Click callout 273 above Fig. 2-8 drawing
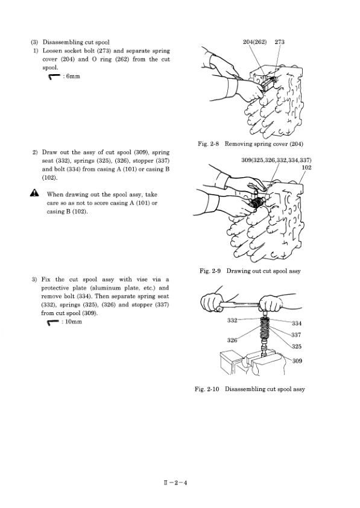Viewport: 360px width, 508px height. (x=279, y=42)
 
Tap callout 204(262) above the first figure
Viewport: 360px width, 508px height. (x=254, y=42)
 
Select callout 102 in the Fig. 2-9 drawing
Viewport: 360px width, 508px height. (x=306, y=168)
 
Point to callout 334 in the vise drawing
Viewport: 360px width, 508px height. (x=297, y=324)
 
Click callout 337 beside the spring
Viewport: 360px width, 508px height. (x=296, y=335)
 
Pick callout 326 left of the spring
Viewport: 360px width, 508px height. (x=232, y=340)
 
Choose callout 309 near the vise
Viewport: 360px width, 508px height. (x=297, y=361)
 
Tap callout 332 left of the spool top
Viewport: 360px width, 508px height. (x=232, y=321)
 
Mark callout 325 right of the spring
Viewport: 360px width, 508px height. (x=297, y=347)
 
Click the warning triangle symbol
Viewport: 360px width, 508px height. (x=34, y=193)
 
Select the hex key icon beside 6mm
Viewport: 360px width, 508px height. (x=54, y=77)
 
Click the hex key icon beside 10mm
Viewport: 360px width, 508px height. (x=53, y=322)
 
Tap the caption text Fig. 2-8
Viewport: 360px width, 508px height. (x=209, y=144)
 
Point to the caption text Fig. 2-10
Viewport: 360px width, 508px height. (x=207, y=389)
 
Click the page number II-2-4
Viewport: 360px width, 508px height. (x=175, y=483)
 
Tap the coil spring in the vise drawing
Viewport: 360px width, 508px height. (x=265, y=330)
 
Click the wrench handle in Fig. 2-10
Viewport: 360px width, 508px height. (x=239, y=304)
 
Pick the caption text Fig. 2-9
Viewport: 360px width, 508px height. (x=210, y=271)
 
